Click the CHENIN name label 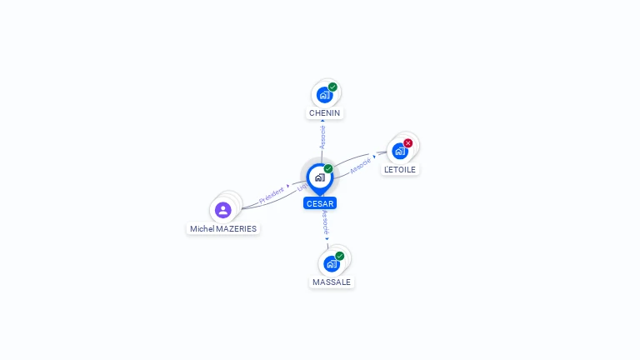pyautogui.click(x=325, y=112)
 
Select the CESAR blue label pyautogui.click(x=320, y=203)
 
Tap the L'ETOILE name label pyautogui.click(x=400, y=169)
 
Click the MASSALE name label pyautogui.click(x=332, y=282)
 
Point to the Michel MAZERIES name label pyautogui.click(x=223, y=228)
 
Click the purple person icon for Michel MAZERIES pyautogui.click(x=222, y=210)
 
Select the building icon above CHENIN pyautogui.click(x=324, y=95)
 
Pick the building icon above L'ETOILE pyautogui.click(x=399, y=152)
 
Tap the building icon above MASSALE pyautogui.click(x=331, y=264)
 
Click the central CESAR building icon pyautogui.click(x=319, y=177)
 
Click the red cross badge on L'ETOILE pyautogui.click(x=408, y=143)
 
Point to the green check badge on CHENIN pyautogui.click(x=332, y=87)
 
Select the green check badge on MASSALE pyautogui.click(x=339, y=256)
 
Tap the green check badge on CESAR pyautogui.click(x=328, y=169)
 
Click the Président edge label pyautogui.click(x=272, y=196)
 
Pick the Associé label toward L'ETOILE pyautogui.click(x=361, y=166)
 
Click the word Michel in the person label pyautogui.click(x=202, y=228)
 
